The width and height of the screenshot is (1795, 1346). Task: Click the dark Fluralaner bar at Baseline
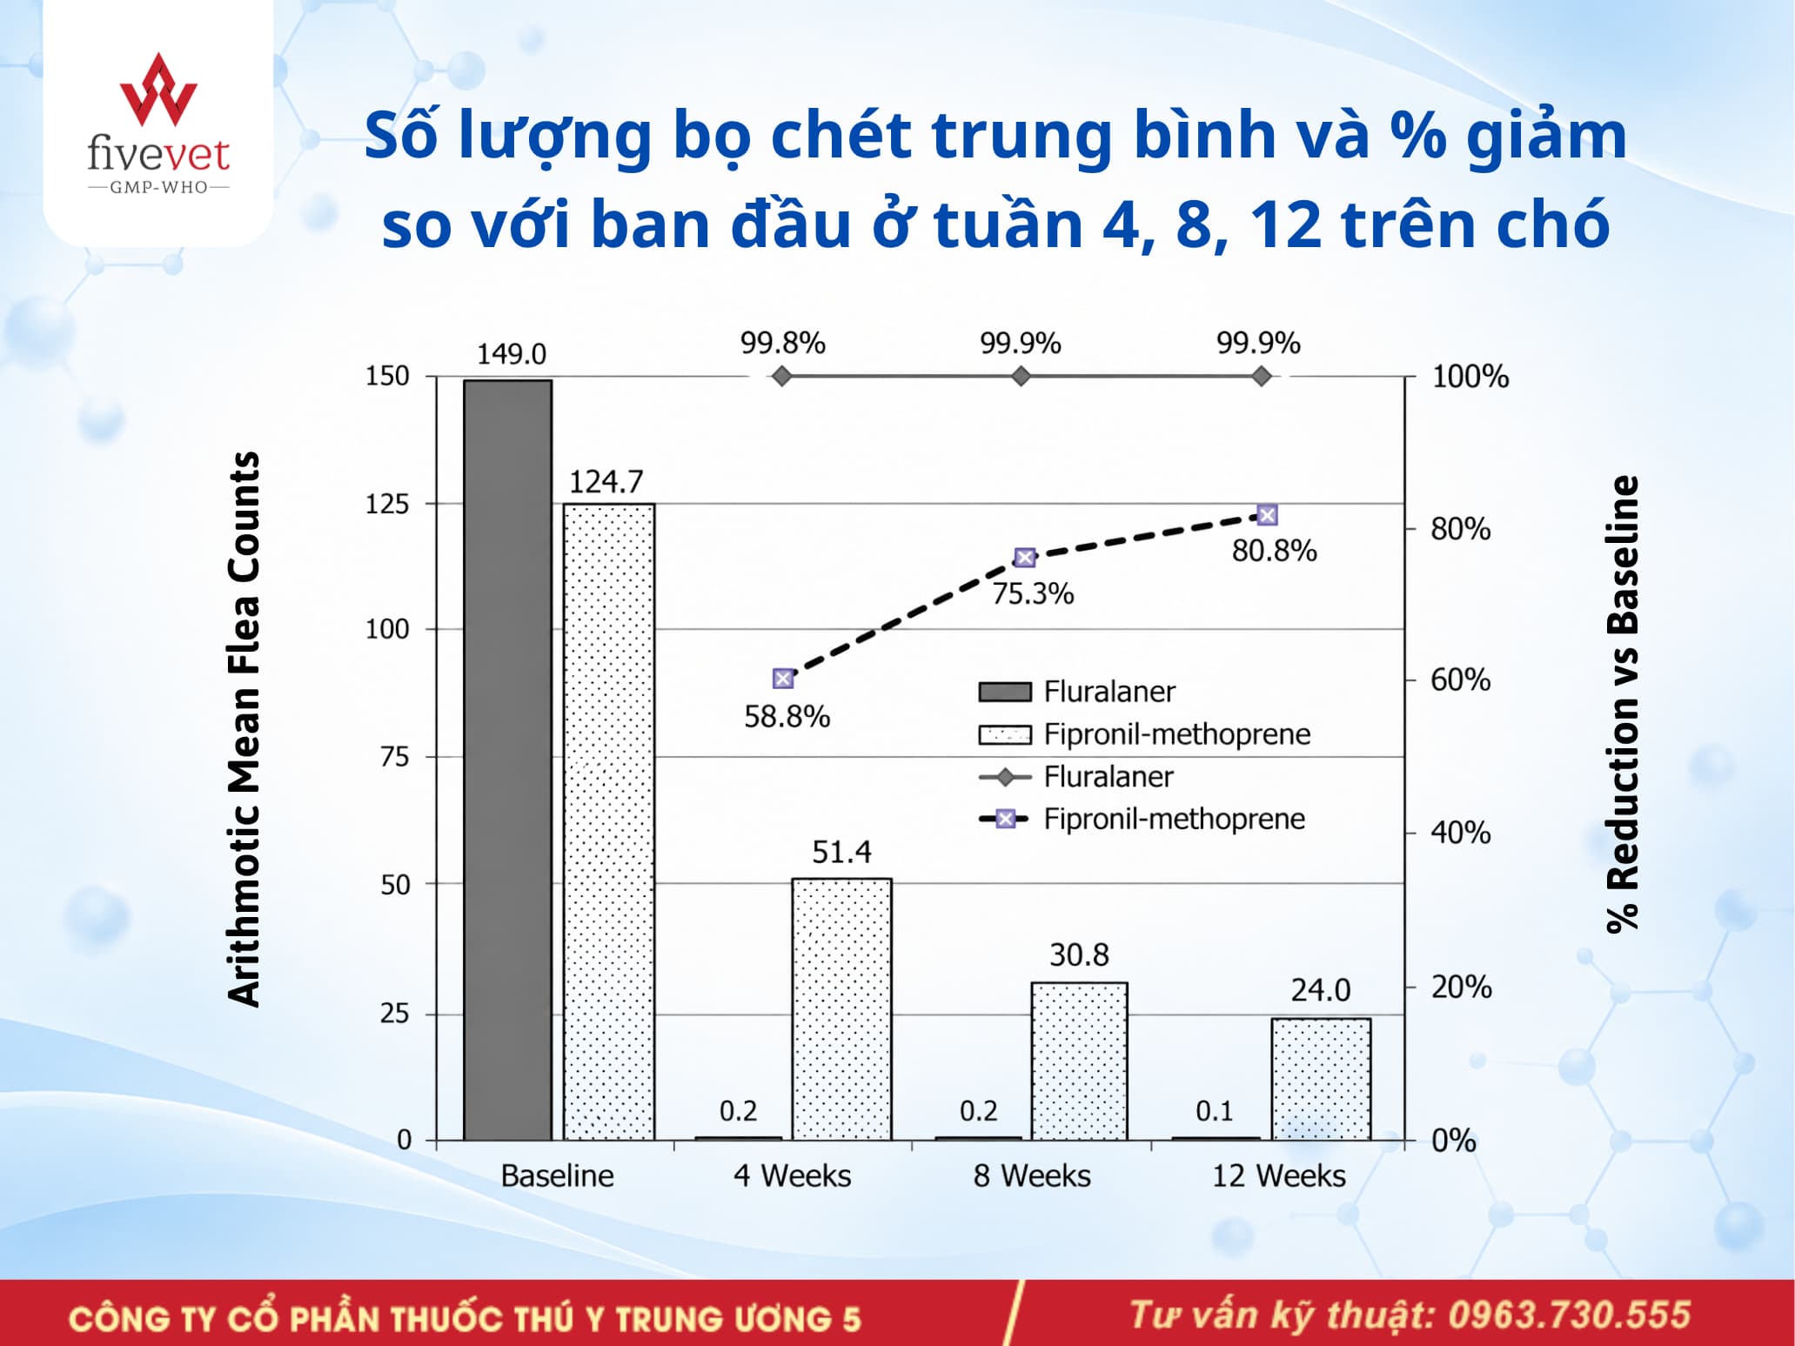click(x=507, y=760)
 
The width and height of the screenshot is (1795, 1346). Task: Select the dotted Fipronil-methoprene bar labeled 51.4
click(x=841, y=1009)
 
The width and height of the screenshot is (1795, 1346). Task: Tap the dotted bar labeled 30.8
click(x=1079, y=1061)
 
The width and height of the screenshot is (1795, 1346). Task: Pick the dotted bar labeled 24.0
click(x=1321, y=1079)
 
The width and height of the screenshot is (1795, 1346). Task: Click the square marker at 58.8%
click(x=783, y=679)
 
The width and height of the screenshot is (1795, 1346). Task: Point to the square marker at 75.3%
click(x=1025, y=558)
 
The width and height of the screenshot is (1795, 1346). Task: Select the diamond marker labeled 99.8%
click(x=782, y=376)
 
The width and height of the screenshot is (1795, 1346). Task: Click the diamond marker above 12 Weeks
click(x=1262, y=376)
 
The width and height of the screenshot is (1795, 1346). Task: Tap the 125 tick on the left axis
click(x=387, y=504)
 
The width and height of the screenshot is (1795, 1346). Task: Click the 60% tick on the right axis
click(x=1461, y=680)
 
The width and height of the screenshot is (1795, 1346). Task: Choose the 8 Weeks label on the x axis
click(x=1032, y=1175)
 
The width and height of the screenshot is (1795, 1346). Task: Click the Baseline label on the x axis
click(x=557, y=1175)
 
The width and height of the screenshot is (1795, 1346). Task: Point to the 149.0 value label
click(x=512, y=354)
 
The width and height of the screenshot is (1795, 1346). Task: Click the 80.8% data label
click(x=1274, y=551)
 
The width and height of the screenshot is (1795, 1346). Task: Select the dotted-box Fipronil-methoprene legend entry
click(x=1144, y=734)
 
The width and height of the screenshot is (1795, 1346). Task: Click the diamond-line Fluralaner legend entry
click(x=1075, y=776)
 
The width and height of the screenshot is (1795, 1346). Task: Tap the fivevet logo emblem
click(x=158, y=89)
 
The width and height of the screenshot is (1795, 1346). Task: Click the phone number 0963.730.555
click(x=1569, y=1315)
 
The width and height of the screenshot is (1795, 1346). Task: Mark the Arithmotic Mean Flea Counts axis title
click(x=244, y=729)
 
